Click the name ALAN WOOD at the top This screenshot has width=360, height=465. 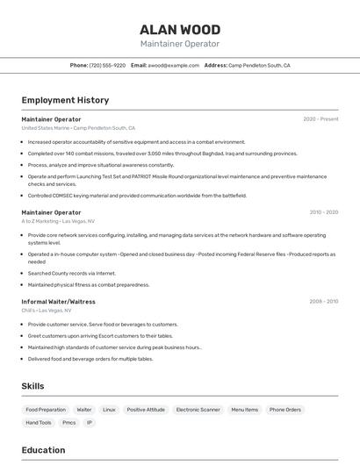point(180,30)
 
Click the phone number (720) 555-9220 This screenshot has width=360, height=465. point(107,65)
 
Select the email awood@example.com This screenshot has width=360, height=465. point(173,65)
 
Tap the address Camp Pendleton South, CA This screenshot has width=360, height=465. point(259,65)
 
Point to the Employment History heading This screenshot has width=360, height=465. point(65,100)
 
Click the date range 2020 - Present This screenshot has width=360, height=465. point(320,119)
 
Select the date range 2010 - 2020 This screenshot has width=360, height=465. point(323,212)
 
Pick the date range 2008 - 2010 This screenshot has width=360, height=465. point(323,302)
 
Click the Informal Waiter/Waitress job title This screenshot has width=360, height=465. point(59,302)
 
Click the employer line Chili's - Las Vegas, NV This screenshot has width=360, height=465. point(47,311)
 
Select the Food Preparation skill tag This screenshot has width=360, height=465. point(46,410)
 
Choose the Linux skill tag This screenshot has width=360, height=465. point(109,410)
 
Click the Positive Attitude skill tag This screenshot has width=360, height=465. point(146,410)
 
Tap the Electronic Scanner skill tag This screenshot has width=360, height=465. point(198,410)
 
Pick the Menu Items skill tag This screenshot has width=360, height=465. point(245,410)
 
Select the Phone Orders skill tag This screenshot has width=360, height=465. point(285,410)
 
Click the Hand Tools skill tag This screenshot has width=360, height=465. point(39,423)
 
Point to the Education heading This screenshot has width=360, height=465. point(43,450)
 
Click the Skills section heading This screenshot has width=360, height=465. point(32,386)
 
